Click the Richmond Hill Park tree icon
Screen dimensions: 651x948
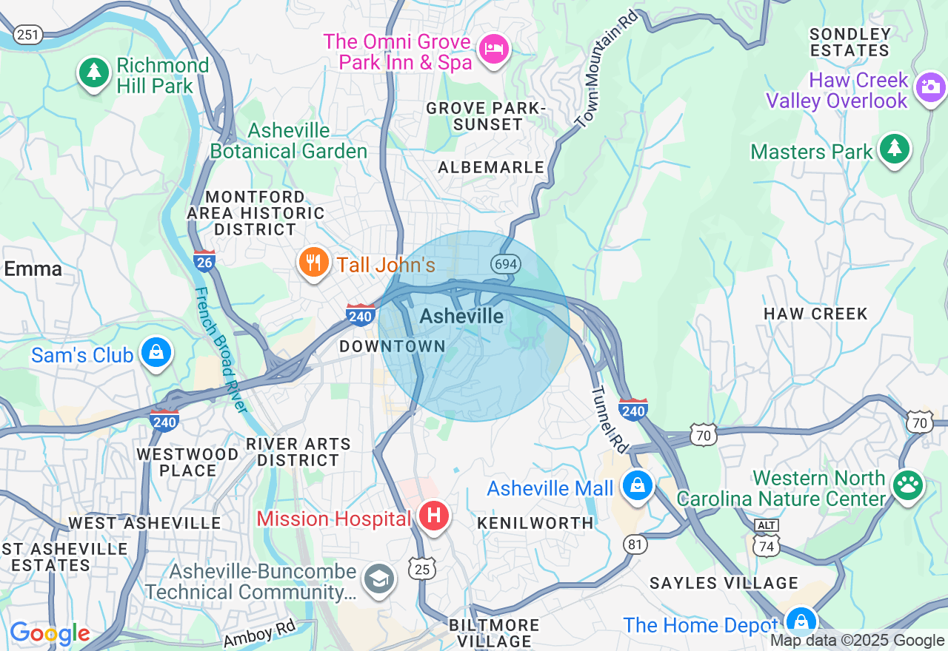click(x=93, y=72)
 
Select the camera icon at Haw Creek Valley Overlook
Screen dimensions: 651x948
click(x=929, y=88)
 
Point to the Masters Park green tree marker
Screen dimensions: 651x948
click(x=895, y=149)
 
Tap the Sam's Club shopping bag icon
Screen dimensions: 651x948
click(x=156, y=353)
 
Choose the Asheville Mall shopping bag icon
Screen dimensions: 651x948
click(x=637, y=486)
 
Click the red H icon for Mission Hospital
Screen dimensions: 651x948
click(x=434, y=516)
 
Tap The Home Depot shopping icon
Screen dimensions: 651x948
click(x=800, y=621)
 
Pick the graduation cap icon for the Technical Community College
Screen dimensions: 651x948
click(x=380, y=579)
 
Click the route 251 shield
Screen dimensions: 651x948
click(x=28, y=34)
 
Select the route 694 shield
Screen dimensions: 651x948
click(x=506, y=264)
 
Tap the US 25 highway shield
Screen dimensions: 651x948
click(x=421, y=568)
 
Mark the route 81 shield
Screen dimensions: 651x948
click(x=635, y=544)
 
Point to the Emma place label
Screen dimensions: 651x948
click(x=33, y=269)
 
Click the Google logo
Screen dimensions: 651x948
click(x=50, y=633)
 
